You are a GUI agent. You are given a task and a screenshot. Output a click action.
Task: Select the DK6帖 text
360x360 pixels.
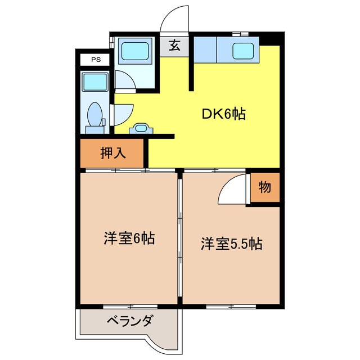[x=223, y=114]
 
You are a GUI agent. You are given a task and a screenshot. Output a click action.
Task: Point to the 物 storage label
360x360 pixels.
[x=265, y=188]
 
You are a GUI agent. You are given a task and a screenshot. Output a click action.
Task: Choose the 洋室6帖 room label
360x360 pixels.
[x=129, y=238]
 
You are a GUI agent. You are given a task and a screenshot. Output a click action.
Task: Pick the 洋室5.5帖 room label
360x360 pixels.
[x=231, y=244]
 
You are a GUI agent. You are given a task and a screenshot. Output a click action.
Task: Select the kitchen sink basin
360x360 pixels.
[x=242, y=49]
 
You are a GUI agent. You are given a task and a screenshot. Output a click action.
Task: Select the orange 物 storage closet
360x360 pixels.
[x=265, y=188]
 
